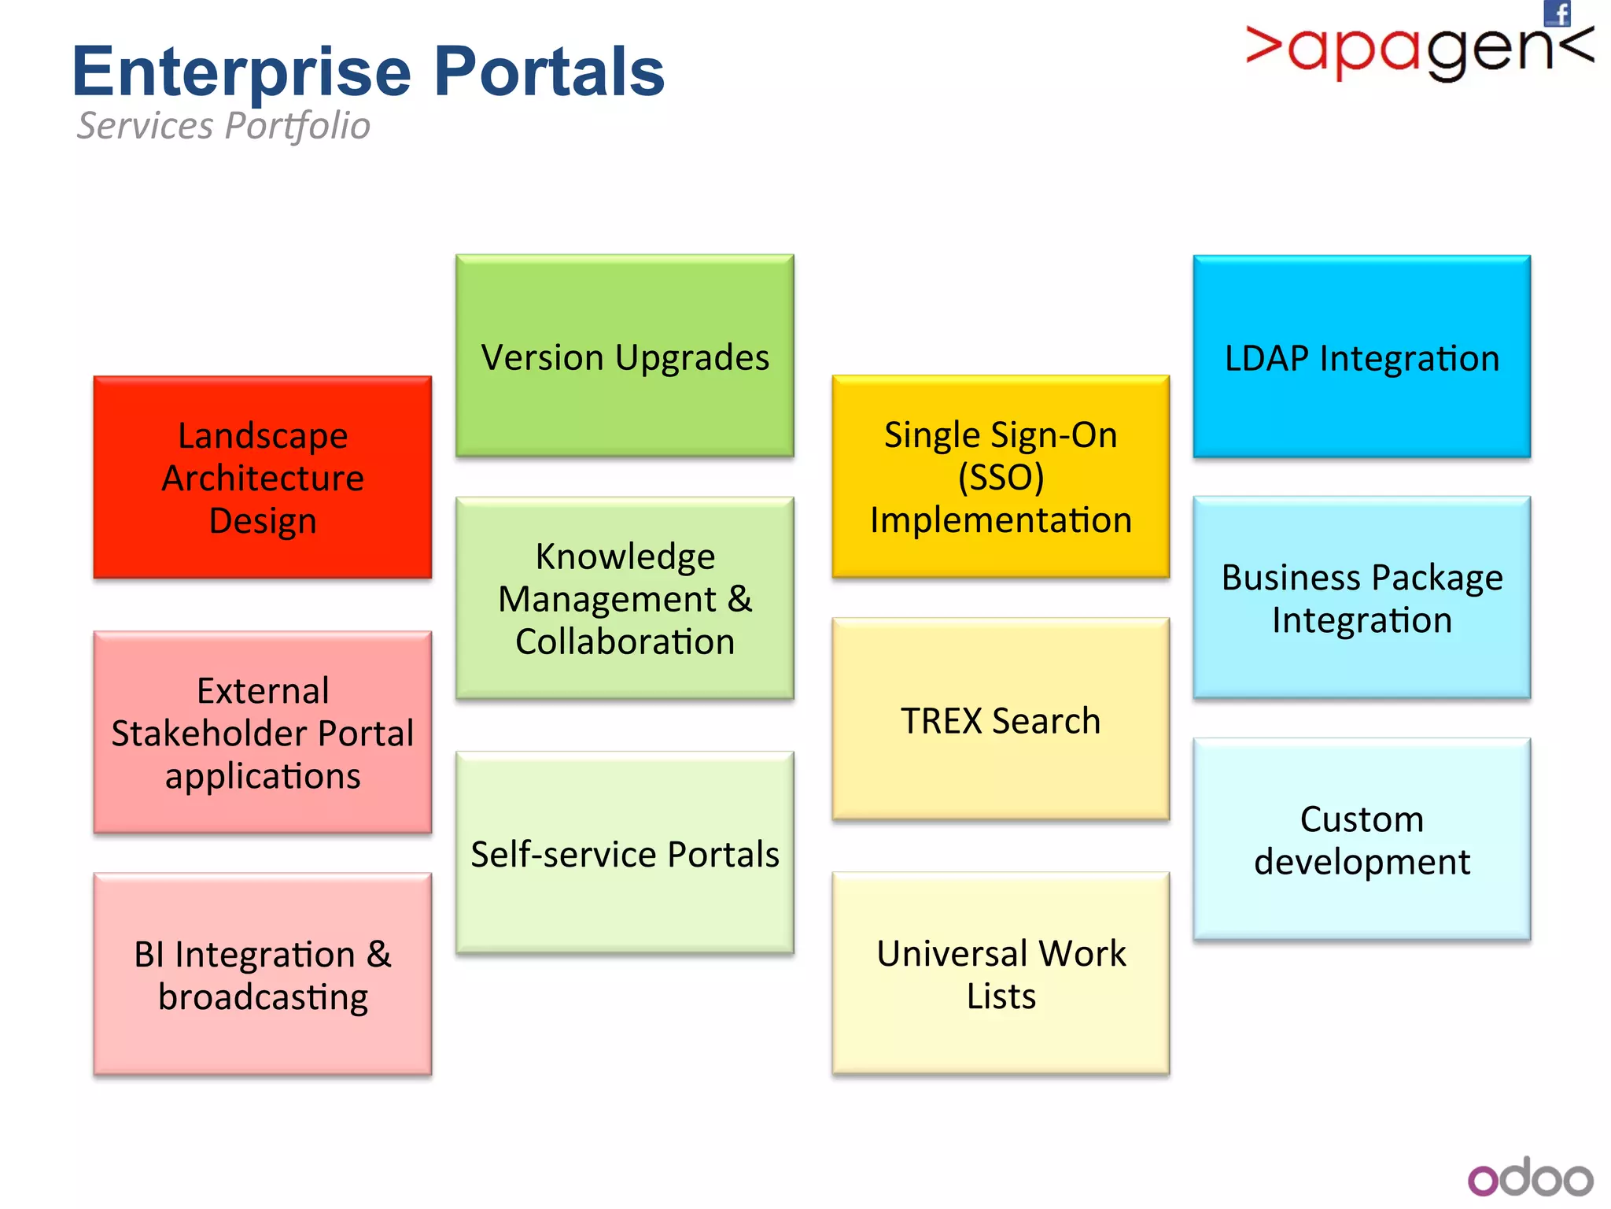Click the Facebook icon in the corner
click(1558, 13)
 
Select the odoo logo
click(1530, 1178)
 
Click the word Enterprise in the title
click(241, 72)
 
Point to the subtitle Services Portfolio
click(223, 126)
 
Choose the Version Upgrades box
click(625, 356)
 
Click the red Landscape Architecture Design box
click(263, 477)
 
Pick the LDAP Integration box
click(1362, 357)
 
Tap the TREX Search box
click(1001, 719)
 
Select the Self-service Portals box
click(625, 853)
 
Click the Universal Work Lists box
click(1001, 974)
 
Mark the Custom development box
click(1362, 840)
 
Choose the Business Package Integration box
click(1362, 598)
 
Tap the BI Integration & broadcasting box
click(263, 974)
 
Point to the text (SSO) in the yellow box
click(1001, 477)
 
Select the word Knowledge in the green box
click(625, 556)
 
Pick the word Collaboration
click(625, 641)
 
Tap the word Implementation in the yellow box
click(1001, 520)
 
